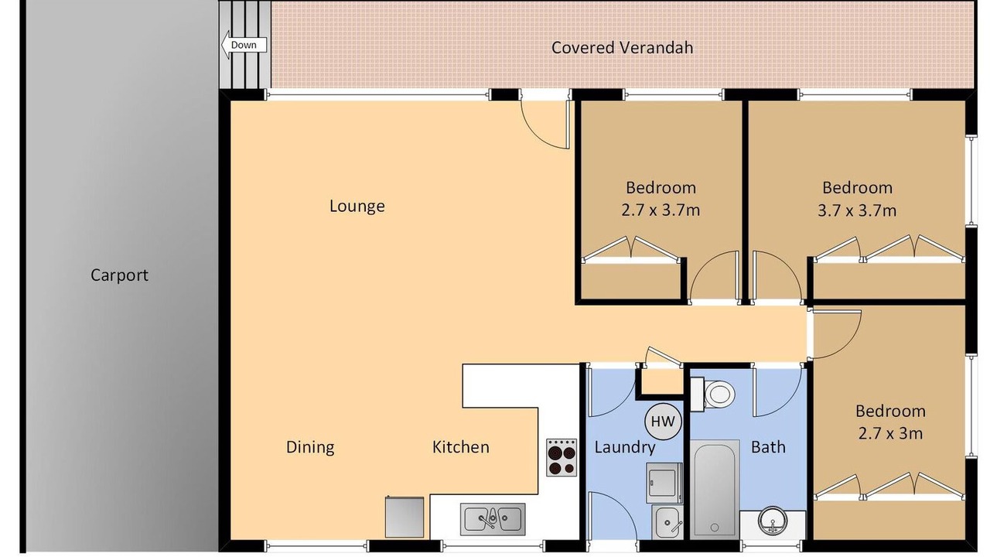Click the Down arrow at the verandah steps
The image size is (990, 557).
(x=244, y=45)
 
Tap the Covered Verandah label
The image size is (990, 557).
(x=622, y=48)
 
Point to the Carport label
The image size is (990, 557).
(x=119, y=275)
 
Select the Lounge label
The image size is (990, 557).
(x=357, y=207)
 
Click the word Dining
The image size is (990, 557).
(x=310, y=447)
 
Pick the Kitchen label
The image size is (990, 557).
(x=460, y=447)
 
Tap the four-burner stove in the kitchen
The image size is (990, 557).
(x=562, y=457)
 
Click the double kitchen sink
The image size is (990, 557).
(x=493, y=519)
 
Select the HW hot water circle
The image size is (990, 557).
(x=663, y=422)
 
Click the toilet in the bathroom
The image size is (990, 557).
(x=712, y=394)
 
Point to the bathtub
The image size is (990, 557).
(x=715, y=489)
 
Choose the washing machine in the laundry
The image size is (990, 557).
(x=664, y=483)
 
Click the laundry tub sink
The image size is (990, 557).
(x=667, y=522)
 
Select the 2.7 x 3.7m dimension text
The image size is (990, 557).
(x=661, y=210)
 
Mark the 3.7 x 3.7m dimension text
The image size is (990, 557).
(x=857, y=210)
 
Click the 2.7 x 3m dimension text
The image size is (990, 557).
(x=890, y=433)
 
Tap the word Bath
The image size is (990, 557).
(x=769, y=447)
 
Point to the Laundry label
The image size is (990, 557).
(x=624, y=447)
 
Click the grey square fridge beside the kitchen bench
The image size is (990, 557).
(x=405, y=518)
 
